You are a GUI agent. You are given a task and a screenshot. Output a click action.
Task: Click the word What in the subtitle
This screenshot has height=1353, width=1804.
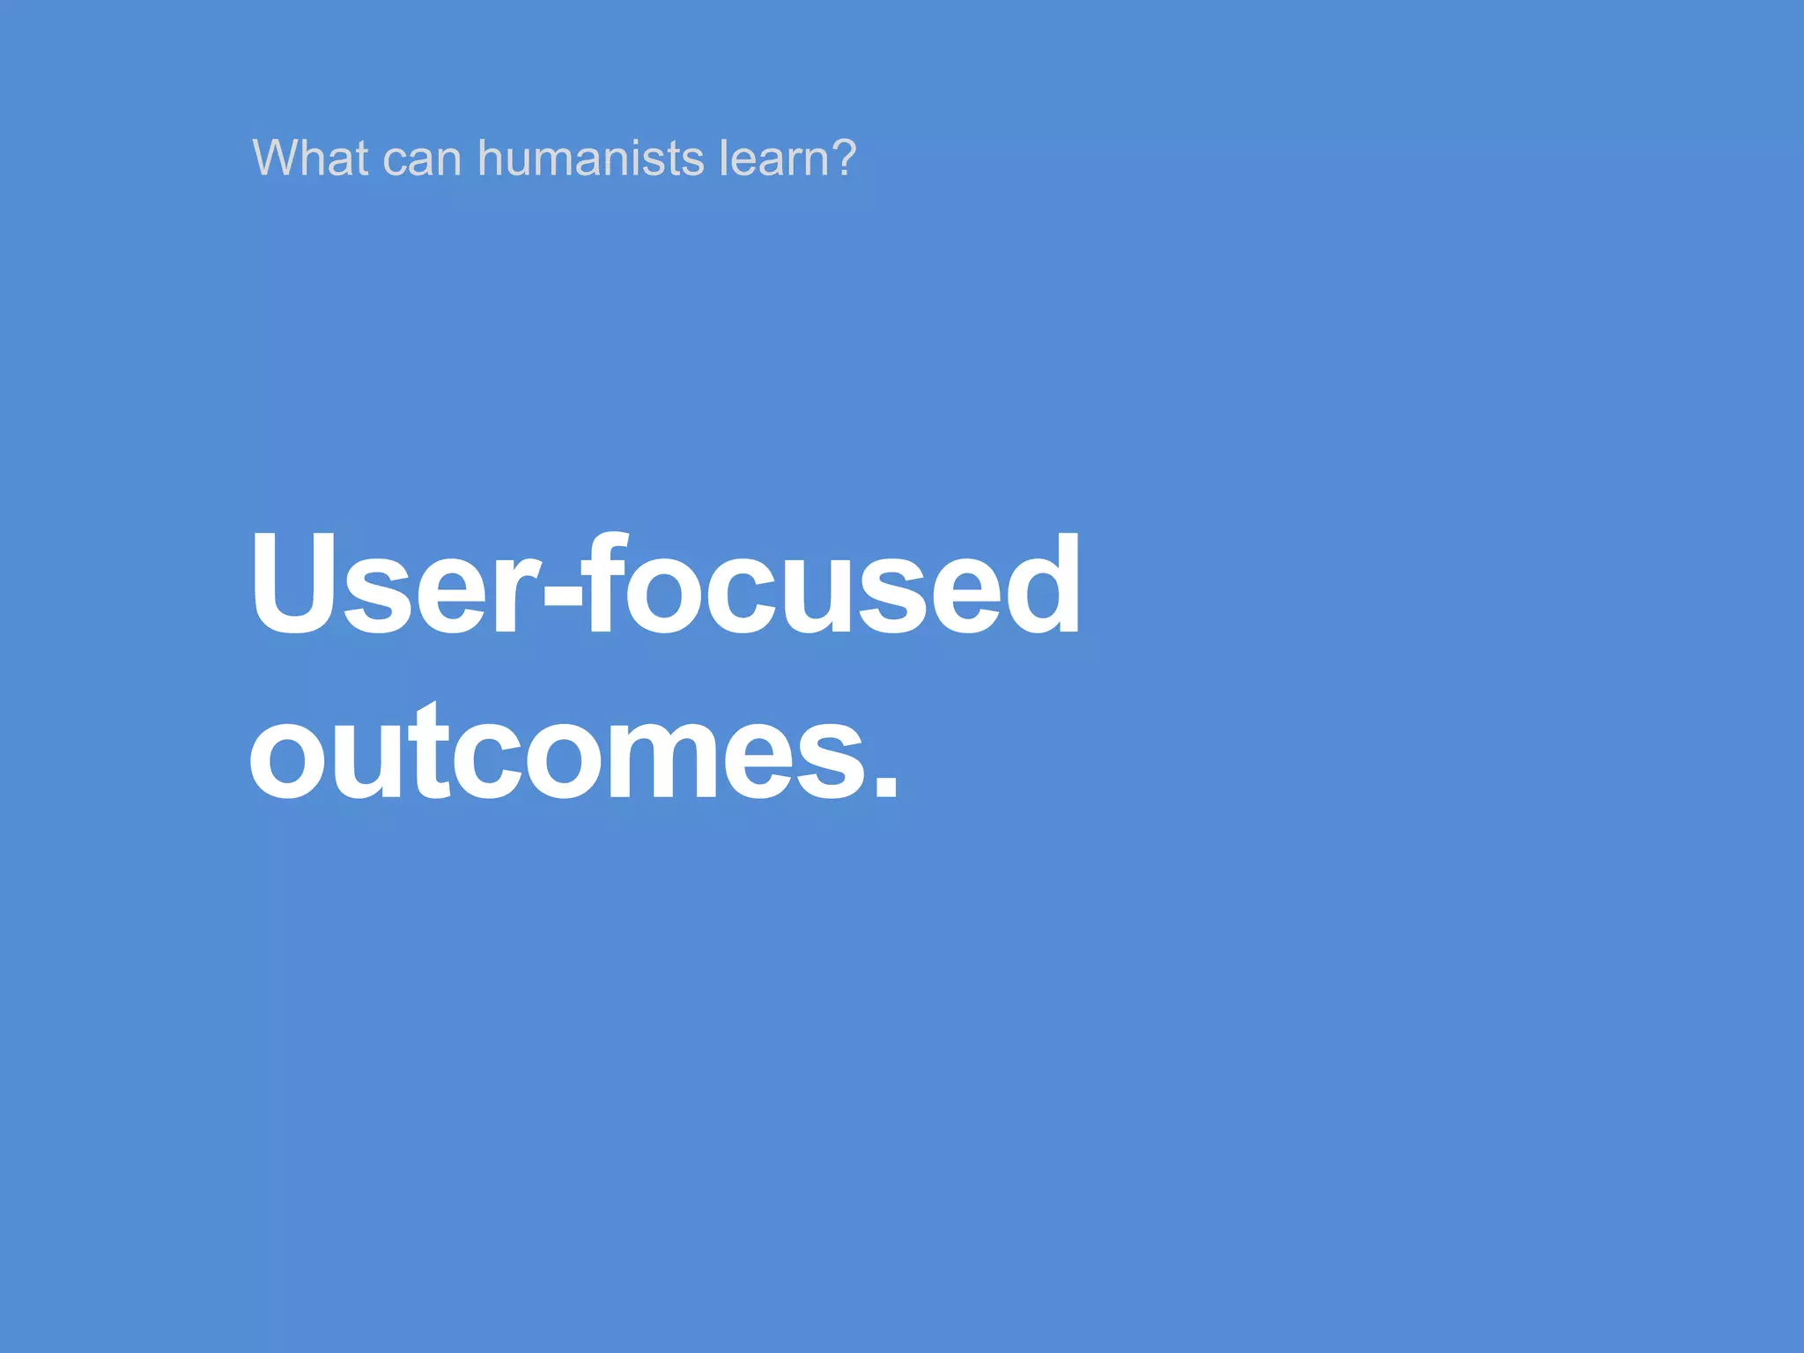coord(310,159)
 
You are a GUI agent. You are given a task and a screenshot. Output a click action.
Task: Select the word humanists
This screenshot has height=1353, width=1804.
coord(590,159)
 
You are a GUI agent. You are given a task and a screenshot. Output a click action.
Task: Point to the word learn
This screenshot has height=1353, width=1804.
coord(774,159)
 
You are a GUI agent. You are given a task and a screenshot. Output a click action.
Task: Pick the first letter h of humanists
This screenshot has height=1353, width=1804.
coord(490,159)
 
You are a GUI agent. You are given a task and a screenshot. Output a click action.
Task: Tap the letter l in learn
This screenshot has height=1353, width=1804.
coord(723,159)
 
